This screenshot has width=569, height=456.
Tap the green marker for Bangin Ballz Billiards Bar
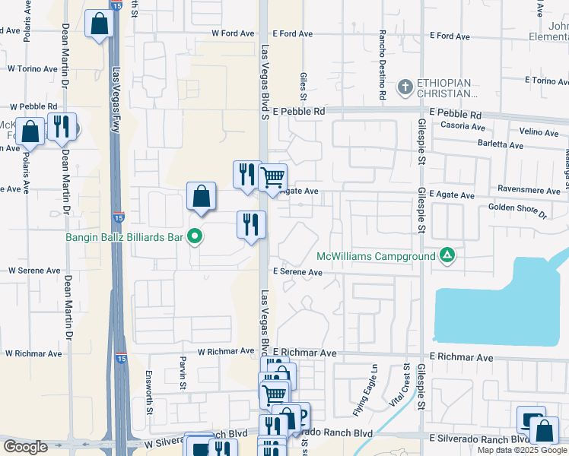(x=195, y=237)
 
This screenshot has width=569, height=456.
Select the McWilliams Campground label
(x=376, y=256)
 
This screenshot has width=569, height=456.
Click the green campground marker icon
(x=449, y=255)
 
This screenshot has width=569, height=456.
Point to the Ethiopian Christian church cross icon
(x=405, y=87)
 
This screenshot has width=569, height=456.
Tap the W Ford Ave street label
(x=233, y=33)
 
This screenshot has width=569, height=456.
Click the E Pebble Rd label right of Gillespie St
(x=456, y=112)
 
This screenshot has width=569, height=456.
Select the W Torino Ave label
(x=33, y=68)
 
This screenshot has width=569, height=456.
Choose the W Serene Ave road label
(x=33, y=270)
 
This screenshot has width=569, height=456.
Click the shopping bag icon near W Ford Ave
(x=100, y=24)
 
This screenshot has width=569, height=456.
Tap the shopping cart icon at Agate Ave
(x=273, y=178)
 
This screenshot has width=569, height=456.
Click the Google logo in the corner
(x=25, y=446)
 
